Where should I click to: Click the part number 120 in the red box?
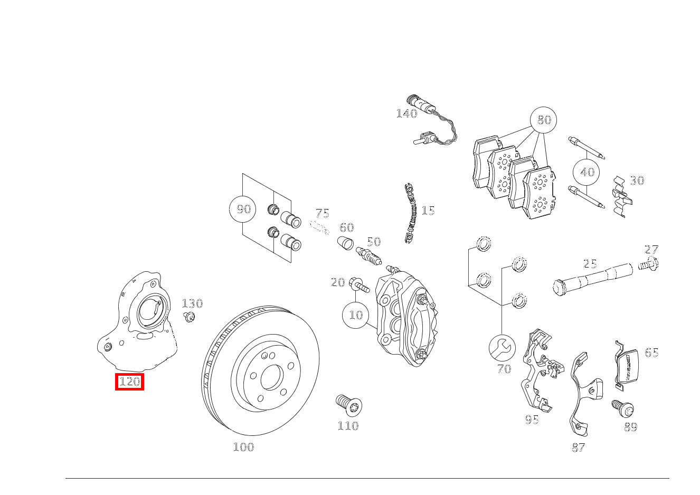tap(129, 382)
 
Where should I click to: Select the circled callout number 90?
tap(243, 209)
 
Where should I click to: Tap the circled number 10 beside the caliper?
tap(356, 315)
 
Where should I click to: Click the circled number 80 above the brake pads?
tap(544, 120)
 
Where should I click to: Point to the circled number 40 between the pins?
tap(587, 172)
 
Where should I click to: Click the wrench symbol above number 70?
tap(502, 347)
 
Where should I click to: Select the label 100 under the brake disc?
tap(243, 447)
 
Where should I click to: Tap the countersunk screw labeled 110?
tap(348, 405)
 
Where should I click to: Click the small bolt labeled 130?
tap(189, 317)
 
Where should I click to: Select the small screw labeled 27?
tap(649, 264)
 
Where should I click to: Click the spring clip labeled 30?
tap(621, 196)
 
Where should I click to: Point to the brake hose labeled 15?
tap(411, 214)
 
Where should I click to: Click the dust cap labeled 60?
tap(345, 244)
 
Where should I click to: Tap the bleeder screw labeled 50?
tap(368, 257)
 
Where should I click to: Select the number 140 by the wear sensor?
tap(406, 113)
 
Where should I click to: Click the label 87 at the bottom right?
tap(578, 448)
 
